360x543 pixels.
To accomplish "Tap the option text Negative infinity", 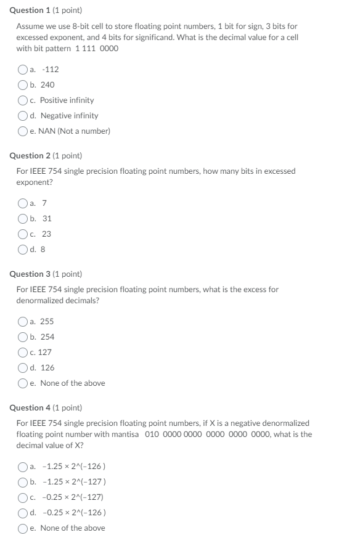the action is tap(69, 115).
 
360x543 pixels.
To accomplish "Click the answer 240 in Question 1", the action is tap(47, 85).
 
